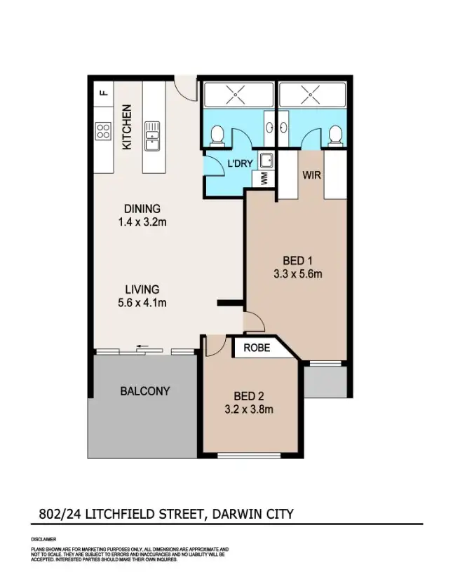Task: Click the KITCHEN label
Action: point(127,127)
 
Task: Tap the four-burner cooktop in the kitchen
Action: point(103,131)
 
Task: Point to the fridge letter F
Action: point(104,91)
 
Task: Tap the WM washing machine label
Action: point(264,178)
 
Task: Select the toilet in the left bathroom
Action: point(217,133)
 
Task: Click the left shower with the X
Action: point(238,93)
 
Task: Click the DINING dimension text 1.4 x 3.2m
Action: point(142,222)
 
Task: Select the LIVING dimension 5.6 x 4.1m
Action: point(142,303)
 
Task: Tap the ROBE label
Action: point(257,347)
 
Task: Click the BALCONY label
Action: point(144,390)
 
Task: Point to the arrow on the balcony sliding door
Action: point(145,346)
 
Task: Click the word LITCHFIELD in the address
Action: point(127,514)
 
